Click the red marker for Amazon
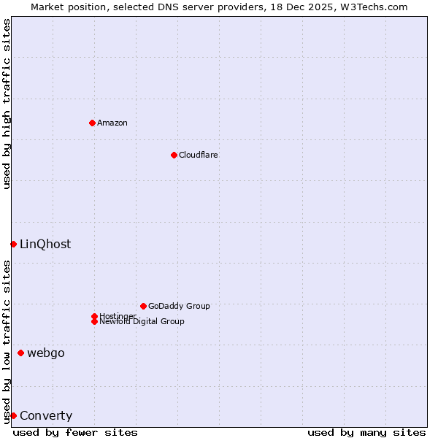92,123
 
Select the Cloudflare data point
174,155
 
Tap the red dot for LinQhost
13,244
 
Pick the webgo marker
20,353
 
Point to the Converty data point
13,415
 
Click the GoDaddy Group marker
143,306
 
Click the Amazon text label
112,123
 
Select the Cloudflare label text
199,155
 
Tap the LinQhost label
45,245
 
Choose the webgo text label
46,353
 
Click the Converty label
46,416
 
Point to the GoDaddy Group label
179,306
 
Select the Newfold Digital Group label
142,321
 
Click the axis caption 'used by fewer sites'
75,432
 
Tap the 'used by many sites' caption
366,432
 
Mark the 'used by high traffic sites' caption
7,104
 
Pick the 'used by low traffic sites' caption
7,342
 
